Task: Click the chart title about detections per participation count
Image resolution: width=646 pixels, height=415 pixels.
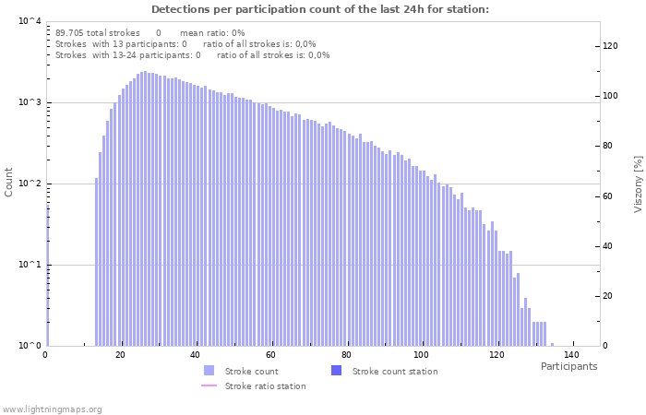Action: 319,9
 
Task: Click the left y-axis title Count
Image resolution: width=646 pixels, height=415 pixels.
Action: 9,182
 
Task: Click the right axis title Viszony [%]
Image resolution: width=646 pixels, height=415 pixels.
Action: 637,184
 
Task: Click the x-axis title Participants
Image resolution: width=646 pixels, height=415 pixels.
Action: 568,366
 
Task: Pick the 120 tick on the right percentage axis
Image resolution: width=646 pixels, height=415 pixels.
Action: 610,46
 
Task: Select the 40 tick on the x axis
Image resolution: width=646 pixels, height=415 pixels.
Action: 195,355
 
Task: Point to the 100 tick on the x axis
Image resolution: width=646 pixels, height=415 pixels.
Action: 422,355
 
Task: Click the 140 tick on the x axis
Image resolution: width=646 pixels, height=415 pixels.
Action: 572,355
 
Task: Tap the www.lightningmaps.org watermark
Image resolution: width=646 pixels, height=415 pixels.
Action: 52,409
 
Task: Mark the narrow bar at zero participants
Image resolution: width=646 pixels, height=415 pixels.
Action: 48,277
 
